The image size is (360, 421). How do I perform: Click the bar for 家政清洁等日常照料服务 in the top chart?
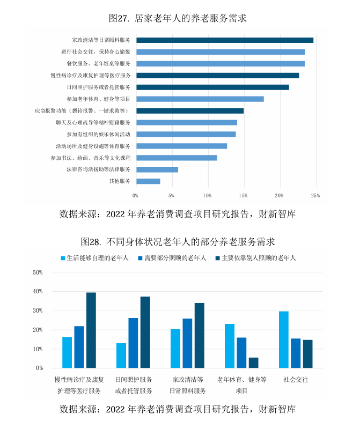point(224,40)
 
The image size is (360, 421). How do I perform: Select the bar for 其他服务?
point(148,181)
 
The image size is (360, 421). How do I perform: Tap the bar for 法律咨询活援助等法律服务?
point(157,169)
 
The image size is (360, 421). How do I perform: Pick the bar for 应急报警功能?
point(190,110)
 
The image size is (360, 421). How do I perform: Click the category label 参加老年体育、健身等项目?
point(99,99)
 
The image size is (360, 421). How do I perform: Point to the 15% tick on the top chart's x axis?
point(244,195)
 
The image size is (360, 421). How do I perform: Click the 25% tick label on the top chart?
point(315,195)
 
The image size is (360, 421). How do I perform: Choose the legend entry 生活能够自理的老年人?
point(97,257)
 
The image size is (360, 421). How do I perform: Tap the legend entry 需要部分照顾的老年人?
point(175,257)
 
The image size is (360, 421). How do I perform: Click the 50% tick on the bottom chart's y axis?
point(38,272)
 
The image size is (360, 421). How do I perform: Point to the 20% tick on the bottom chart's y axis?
point(38,330)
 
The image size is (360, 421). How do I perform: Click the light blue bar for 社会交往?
point(284,340)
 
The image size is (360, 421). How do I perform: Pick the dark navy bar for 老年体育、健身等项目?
point(253,363)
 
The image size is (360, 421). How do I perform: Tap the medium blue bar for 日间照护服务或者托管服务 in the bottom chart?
point(133,343)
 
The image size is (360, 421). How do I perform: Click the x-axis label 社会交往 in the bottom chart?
point(296,380)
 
